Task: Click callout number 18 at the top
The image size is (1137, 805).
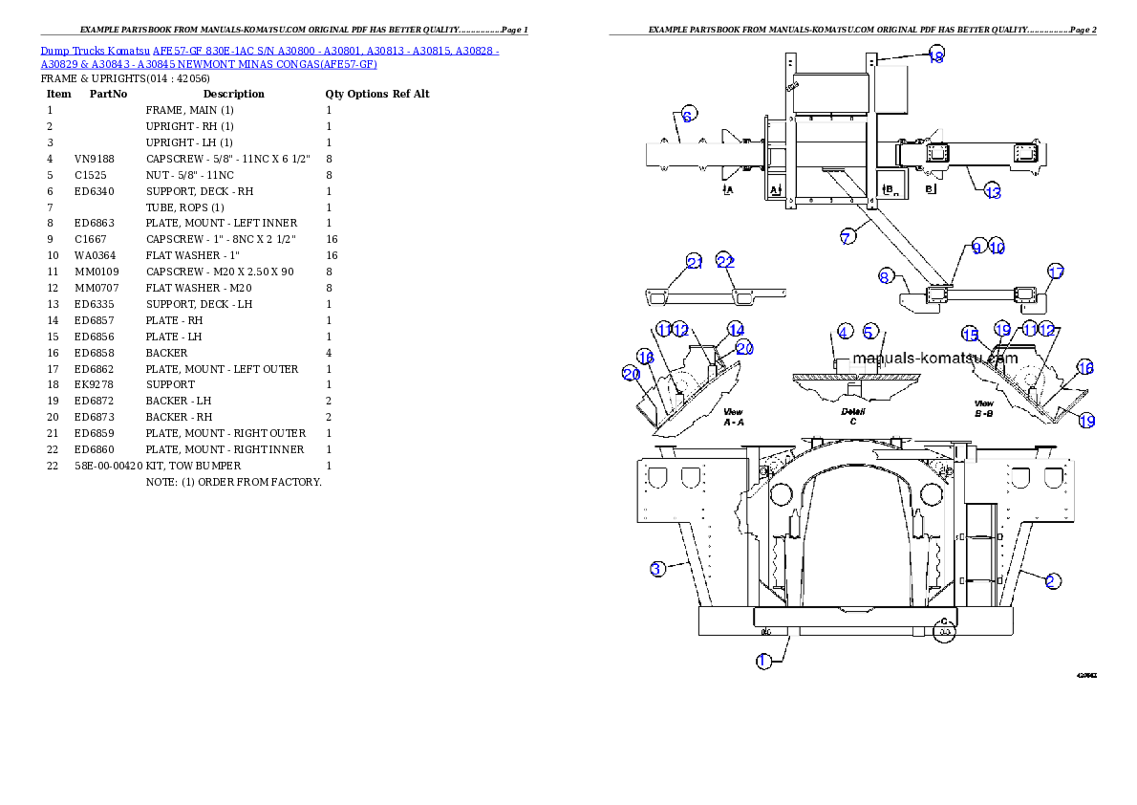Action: click(936, 56)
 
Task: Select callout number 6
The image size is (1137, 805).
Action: click(688, 113)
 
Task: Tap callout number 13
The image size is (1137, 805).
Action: click(993, 192)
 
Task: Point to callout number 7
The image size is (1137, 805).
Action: click(848, 237)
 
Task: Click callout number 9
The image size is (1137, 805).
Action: click(976, 246)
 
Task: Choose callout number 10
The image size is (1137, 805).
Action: click(997, 246)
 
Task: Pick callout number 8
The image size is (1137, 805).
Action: click(886, 277)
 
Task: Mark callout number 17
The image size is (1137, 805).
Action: click(1055, 272)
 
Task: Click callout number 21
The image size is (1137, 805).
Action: click(695, 262)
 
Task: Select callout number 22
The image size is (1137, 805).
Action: click(725, 262)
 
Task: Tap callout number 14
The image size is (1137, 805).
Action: click(736, 329)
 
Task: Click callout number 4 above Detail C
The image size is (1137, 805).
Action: click(845, 332)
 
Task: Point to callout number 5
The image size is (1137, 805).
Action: click(869, 332)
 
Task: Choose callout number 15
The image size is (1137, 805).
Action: click(971, 335)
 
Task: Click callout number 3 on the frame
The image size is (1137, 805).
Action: click(657, 569)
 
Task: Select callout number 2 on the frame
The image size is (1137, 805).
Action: click(1051, 580)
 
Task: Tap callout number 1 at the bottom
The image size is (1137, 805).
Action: click(763, 661)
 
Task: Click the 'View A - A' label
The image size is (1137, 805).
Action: click(733, 416)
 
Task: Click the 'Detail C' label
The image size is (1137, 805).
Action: click(853, 416)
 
